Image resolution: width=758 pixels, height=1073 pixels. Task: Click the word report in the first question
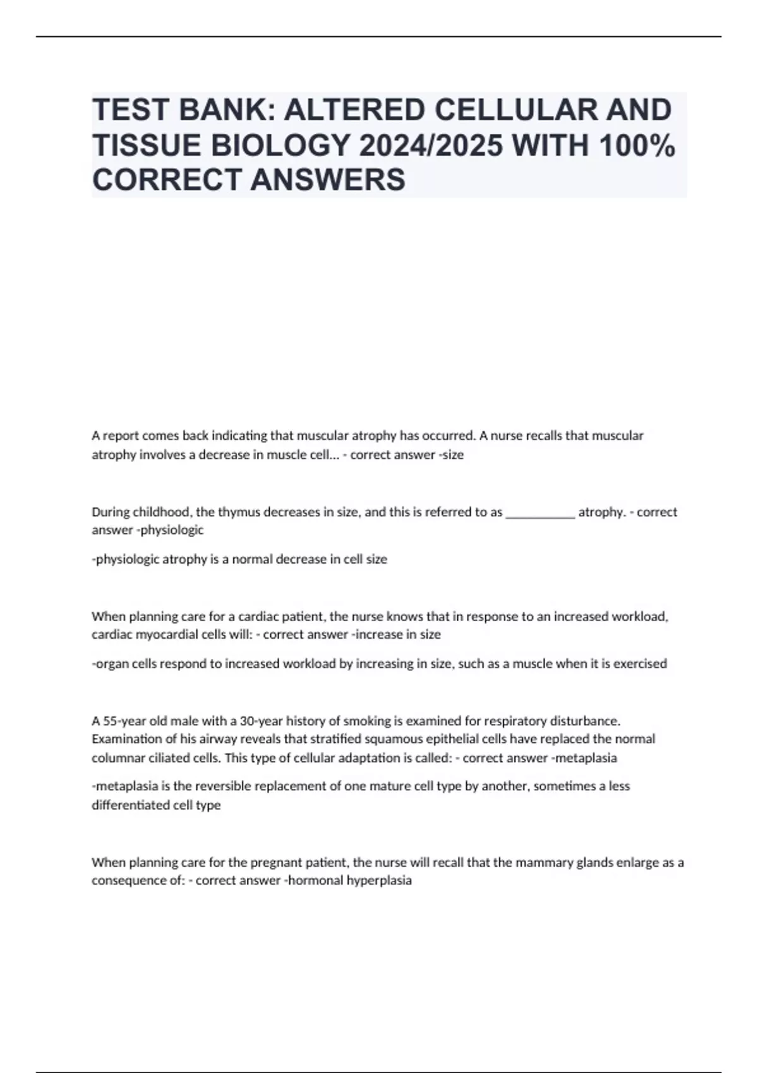coord(120,436)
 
